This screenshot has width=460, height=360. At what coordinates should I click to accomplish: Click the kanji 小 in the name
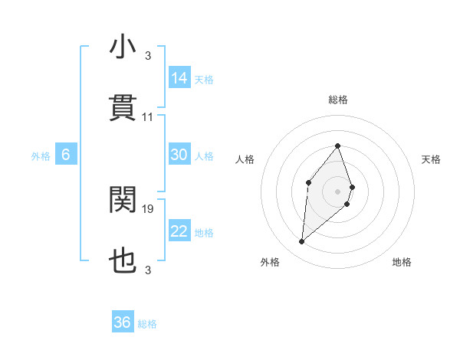point(123,47)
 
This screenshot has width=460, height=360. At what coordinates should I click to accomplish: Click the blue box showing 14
point(179,78)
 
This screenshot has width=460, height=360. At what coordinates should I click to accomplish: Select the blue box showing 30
point(179,155)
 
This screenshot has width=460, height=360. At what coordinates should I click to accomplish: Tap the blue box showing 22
point(179,231)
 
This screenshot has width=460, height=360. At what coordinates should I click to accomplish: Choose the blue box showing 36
point(123,322)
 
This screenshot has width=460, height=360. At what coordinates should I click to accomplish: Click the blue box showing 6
point(66,155)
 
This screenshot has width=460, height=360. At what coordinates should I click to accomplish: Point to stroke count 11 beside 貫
point(148,117)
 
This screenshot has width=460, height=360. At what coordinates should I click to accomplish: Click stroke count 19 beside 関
point(148,208)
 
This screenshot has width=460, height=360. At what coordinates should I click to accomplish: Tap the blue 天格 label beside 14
point(204,79)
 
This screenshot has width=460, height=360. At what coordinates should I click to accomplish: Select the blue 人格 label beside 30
point(204,155)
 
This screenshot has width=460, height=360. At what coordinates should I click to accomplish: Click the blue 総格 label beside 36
point(147,323)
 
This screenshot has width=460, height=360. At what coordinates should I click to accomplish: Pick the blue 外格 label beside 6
point(41,155)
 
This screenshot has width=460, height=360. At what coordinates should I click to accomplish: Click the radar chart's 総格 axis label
point(338,100)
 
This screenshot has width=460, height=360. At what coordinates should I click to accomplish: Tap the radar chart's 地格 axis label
point(402,262)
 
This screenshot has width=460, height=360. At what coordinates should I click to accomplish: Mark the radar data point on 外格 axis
point(302,242)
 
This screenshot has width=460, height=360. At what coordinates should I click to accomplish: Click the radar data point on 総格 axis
point(338,146)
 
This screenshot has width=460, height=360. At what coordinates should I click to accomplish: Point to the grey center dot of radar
point(338,191)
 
